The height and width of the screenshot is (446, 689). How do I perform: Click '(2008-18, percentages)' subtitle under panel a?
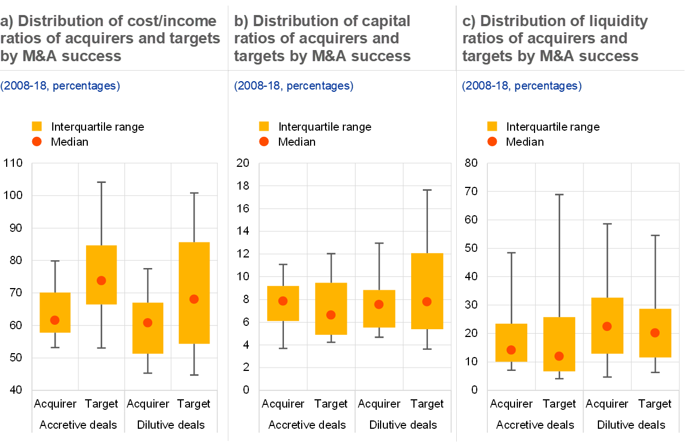[60, 86]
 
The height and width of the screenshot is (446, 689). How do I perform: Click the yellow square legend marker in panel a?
[37, 126]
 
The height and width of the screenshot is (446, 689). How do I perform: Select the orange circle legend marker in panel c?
[492, 141]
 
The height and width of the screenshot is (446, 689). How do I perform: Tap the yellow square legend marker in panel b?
[264, 126]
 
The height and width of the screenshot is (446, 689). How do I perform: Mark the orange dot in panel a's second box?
[101, 280]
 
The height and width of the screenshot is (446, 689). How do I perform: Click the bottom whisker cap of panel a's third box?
[148, 373]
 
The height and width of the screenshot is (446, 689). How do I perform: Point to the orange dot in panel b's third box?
[379, 304]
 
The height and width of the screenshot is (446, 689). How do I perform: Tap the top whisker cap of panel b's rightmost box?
[427, 190]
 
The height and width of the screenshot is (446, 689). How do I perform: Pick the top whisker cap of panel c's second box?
[560, 195]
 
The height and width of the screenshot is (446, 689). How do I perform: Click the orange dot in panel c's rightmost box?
[655, 333]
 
